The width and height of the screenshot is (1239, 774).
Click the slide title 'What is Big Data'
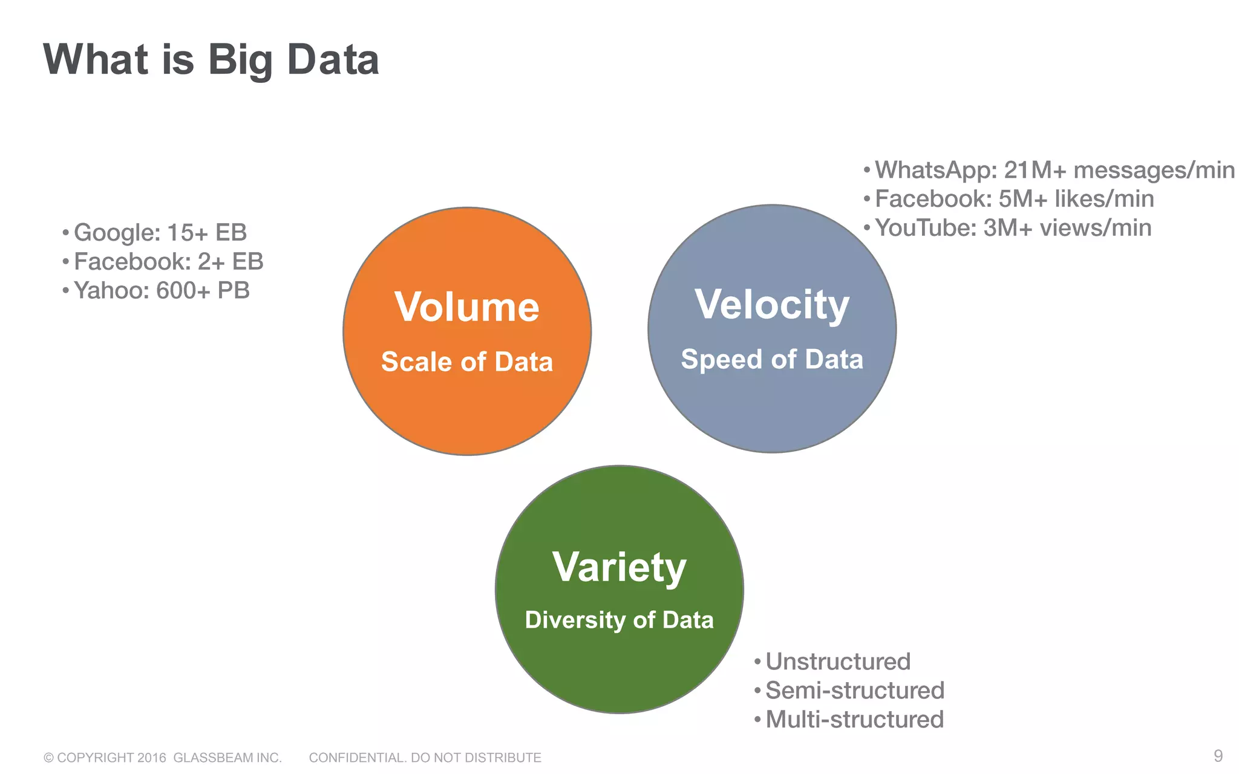(x=211, y=60)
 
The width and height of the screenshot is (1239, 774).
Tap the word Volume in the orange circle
(x=467, y=307)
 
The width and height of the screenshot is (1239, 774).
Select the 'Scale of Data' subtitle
(x=467, y=362)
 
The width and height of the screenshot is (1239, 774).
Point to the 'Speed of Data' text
(x=772, y=359)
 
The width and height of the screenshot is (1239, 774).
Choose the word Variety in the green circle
(x=619, y=567)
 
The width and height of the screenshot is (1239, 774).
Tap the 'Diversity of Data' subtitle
(x=619, y=620)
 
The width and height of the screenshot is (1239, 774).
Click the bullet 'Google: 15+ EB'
(x=160, y=233)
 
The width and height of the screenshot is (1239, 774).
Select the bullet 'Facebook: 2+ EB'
(x=168, y=262)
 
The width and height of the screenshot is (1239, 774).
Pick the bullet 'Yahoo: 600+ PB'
(x=162, y=291)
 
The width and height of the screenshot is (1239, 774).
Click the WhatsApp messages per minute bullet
(x=1054, y=171)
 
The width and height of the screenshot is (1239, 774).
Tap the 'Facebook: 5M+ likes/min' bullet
(x=1014, y=199)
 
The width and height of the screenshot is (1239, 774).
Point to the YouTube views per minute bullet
(x=1013, y=228)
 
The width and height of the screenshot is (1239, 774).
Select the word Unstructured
(x=838, y=662)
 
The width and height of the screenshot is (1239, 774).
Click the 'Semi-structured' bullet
(x=855, y=691)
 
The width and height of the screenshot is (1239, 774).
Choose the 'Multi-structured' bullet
(x=854, y=720)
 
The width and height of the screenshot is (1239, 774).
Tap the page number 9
(x=1218, y=756)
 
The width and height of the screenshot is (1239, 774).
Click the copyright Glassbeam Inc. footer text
(x=163, y=758)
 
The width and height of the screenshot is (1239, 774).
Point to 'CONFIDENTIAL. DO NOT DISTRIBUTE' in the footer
(x=425, y=758)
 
